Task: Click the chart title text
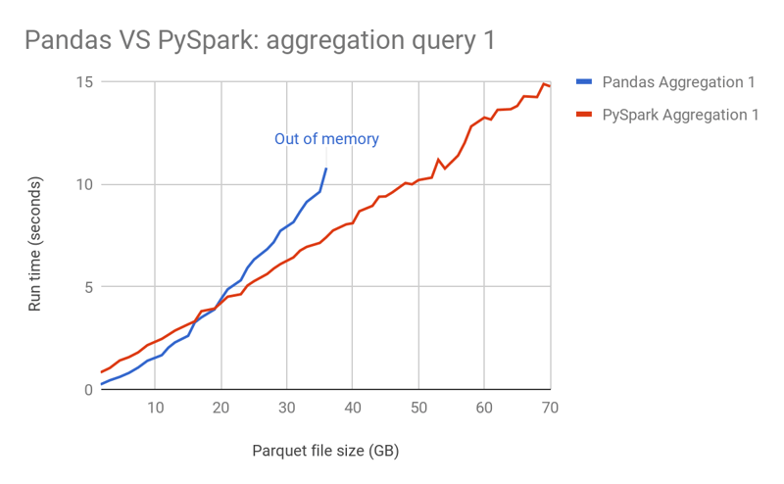tap(259, 40)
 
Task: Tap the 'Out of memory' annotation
tap(326, 139)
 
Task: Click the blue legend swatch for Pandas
tap(584, 81)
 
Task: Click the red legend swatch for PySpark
tap(584, 115)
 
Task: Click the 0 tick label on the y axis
tap(86, 390)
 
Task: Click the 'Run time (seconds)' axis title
tap(35, 245)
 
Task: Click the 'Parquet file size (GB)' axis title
tap(325, 451)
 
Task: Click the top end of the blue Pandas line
tap(326, 169)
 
